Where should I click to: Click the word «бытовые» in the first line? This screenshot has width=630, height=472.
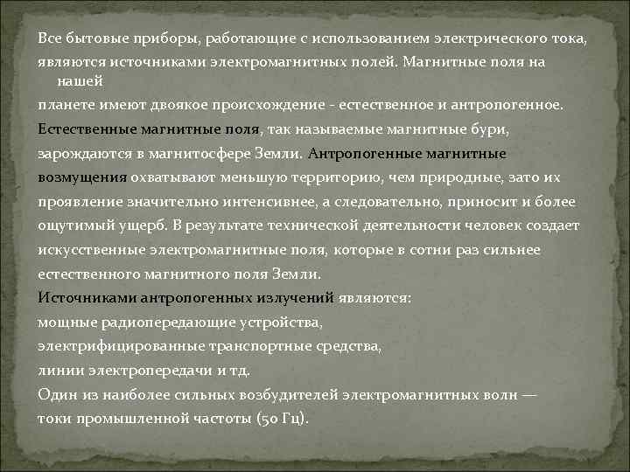pyautogui.click(x=91, y=40)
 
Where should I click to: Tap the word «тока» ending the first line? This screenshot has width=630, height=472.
pyautogui.click(x=570, y=40)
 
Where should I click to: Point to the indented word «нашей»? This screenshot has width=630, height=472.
pyautogui.click(x=80, y=81)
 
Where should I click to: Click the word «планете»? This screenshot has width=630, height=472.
pyautogui.click(x=66, y=105)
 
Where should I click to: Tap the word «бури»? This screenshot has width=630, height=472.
pyautogui.click(x=482, y=129)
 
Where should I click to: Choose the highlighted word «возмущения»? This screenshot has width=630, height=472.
pyautogui.click(x=82, y=177)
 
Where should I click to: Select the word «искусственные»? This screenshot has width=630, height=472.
pyautogui.click(x=93, y=250)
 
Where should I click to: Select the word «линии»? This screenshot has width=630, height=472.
pyautogui.click(x=59, y=371)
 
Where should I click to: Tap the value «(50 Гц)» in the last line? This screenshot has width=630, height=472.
pyautogui.click(x=281, y=419)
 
